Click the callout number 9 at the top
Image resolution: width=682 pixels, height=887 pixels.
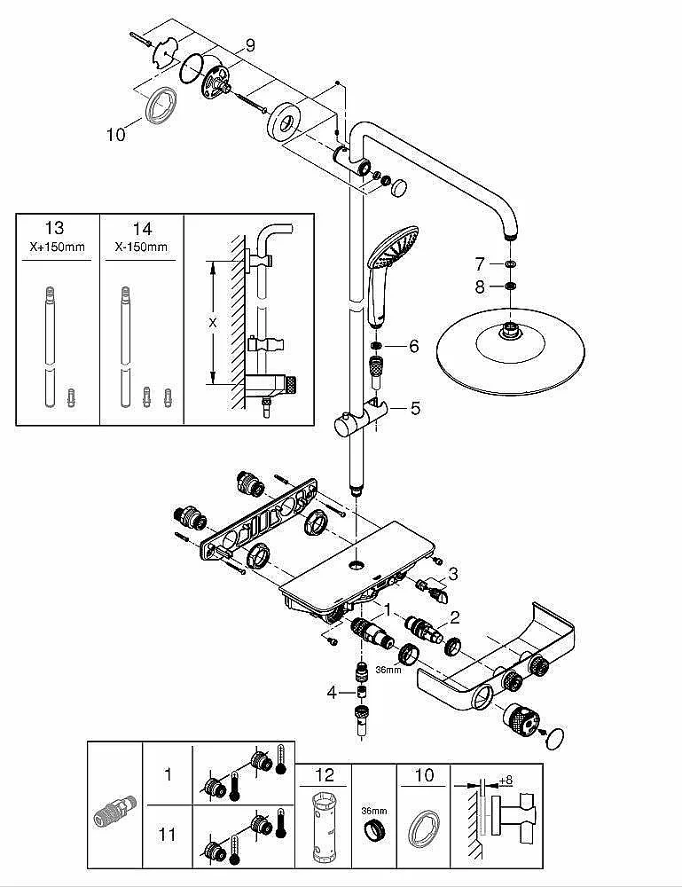coord(250,45)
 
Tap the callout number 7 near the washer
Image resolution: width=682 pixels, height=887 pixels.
coord(480,264)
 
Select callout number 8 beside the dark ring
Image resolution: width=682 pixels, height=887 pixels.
coord(480,287)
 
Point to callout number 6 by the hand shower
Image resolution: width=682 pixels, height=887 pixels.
coord(414,346)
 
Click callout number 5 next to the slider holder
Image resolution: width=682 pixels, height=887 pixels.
coord(416,408)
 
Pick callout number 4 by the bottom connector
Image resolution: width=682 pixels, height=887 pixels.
coord(332,692)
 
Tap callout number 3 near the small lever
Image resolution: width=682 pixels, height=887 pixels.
coord(453,574)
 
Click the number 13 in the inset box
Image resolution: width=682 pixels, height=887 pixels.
coord(54,228)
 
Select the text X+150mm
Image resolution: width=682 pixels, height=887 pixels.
coord(57,247)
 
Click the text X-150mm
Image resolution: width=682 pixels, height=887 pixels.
coord(141,247)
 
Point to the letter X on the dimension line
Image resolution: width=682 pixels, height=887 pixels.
coord(213,323)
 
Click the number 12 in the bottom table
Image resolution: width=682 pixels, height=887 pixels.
coord(325,775)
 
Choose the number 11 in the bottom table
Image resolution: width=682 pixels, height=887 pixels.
coord(167,835)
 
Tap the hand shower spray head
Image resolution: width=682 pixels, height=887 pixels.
coord(394,247)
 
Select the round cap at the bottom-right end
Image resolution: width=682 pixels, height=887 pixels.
coord(555,739)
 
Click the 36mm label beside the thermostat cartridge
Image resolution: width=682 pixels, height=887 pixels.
coord(388,670)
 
